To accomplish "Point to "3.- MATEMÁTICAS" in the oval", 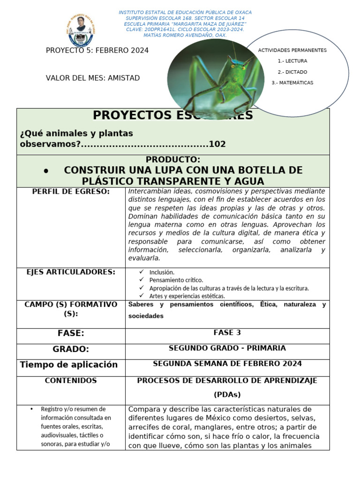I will click(292, 82).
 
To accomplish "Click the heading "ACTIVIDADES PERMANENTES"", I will click(292, 50).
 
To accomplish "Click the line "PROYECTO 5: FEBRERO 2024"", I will click(97, 51).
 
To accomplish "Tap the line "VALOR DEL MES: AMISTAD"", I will click(93, 78).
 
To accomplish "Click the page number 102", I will click(217, 144).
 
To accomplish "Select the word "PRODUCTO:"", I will click(173, 159).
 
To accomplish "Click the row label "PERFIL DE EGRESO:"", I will click(71, 192).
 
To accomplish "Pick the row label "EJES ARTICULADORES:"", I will click(71, 272).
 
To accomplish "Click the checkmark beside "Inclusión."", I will click(142, 272).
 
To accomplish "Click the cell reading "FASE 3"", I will click(227, 333).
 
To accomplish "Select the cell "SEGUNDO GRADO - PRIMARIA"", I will click(227, 348).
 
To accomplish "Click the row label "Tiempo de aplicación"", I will click(68, 365).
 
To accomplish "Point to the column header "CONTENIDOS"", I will click(71, 381).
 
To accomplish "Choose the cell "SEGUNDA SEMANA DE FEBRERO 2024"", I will click(227, 364).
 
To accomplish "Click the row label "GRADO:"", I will click(71, 349).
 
